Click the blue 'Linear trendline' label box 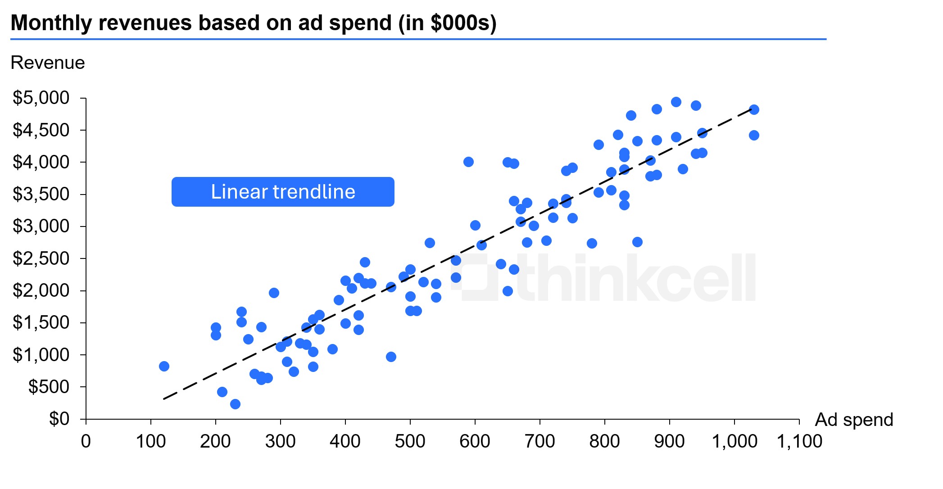(283, 192)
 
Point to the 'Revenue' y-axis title (48, 63)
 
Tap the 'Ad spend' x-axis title (854, 420)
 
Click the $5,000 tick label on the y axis (41, 98)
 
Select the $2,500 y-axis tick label (41, 258)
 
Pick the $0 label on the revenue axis (59, 419)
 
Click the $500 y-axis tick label (49, 387)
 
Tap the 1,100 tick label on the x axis (799, 441)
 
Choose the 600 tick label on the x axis (475, 441)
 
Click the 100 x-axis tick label (150, 441)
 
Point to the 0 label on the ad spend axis (86, 441)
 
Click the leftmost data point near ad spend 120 (164, 366)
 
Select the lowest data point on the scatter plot (235, 404)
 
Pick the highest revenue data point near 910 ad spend (676, 102)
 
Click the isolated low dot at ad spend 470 (391, 357)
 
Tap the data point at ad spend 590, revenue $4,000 (468, 162)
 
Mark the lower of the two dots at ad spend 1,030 (754, 135)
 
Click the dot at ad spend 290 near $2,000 (274, 293)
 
